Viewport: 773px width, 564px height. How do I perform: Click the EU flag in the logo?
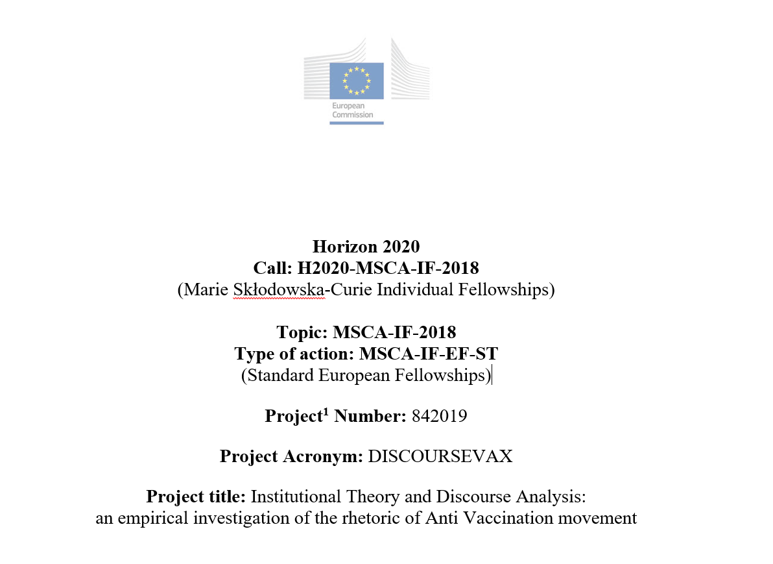click(x=356, y=80)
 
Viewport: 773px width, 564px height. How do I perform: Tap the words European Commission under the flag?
click(x=353, y=110)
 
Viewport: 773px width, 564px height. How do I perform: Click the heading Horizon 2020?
click(x=366, y=247)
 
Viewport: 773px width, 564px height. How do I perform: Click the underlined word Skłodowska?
click(x=278, y=289)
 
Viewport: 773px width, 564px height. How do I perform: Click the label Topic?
click(x=302, y=332)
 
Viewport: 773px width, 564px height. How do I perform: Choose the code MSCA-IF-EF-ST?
click(x=429, y=354)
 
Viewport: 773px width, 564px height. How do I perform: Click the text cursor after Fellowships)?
click(x=492, y=375)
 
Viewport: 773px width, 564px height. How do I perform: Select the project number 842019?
click(x=439, y=416)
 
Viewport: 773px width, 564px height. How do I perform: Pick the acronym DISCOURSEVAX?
click(x=440, y=456)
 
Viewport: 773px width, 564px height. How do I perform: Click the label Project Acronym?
click(x=291, y=456)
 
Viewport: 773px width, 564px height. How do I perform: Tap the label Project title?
click(x=196, y=497)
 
